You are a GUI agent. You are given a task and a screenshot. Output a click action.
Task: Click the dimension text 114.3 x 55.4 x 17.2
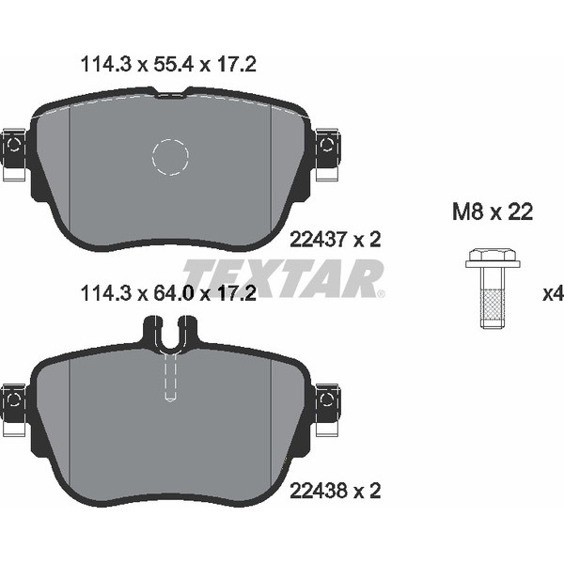pos(168,65)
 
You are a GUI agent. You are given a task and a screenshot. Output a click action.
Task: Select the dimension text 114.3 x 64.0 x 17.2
pos(168,293)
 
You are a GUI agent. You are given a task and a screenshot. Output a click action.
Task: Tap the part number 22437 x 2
pos(335,239)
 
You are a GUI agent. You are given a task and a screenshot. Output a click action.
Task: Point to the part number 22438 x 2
pos(335,491)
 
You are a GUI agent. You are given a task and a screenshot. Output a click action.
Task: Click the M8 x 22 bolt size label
pos(493,211)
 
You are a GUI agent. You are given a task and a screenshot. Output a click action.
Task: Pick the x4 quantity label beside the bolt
pos(553,294)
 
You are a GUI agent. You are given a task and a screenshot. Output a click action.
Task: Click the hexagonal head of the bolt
pos(493,254)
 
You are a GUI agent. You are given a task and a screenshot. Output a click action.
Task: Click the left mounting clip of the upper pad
pos(14,154)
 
